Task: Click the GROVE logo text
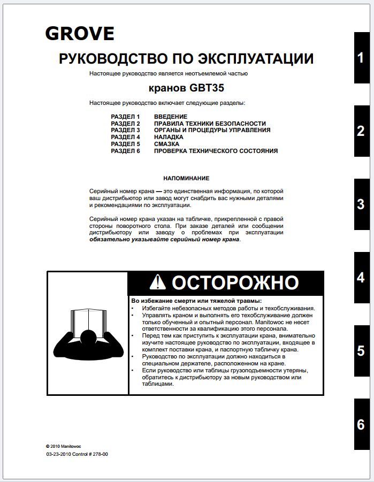pyautogui.click(x=79, y=34)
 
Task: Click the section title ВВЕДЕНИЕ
pyautogui.click(x=170, y=117)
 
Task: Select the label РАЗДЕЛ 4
pyautogui.click(x=125, y=137)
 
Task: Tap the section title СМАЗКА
pyautogui.click(x=166, y=144)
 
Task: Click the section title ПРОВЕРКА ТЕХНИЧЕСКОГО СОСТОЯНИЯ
pyautogui.click(x=216, y=151)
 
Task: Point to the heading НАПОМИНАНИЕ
pyautogui.click(x=186, y=178)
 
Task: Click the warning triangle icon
pyautogui.click(x=158, y=282)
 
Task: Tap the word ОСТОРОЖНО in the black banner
pyautogui.click(x=235, y=282)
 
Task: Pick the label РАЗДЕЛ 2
pyautogui.click(x=125, y=124)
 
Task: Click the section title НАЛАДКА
pyautogui.click(x=168, y=137)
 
